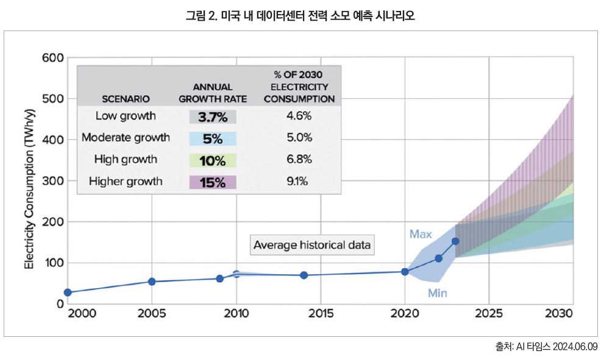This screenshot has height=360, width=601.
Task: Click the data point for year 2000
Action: point(68,292)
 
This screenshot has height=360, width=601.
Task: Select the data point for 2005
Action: point(152,281)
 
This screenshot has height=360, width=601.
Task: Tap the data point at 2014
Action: point(304,275)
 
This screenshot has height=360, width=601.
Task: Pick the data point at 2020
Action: point(405,272)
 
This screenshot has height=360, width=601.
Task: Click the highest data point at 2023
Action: point(455,241)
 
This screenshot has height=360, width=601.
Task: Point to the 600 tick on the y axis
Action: point(53,58)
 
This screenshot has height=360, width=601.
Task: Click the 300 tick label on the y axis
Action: point(53,181)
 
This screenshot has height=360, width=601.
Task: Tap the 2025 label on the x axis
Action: point(489,314)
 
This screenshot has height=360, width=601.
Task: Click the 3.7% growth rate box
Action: point(213,116)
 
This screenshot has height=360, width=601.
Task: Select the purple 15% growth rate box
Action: point(213,182)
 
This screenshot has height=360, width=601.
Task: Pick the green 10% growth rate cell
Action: point(213,160)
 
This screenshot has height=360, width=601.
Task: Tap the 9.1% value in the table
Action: point(299,181)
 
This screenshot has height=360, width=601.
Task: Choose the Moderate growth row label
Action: point(126,138)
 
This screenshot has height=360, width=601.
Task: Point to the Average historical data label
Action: point(313,245)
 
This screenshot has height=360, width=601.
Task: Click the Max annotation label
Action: point(421,235)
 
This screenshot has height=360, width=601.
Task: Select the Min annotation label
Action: point(437,293)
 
